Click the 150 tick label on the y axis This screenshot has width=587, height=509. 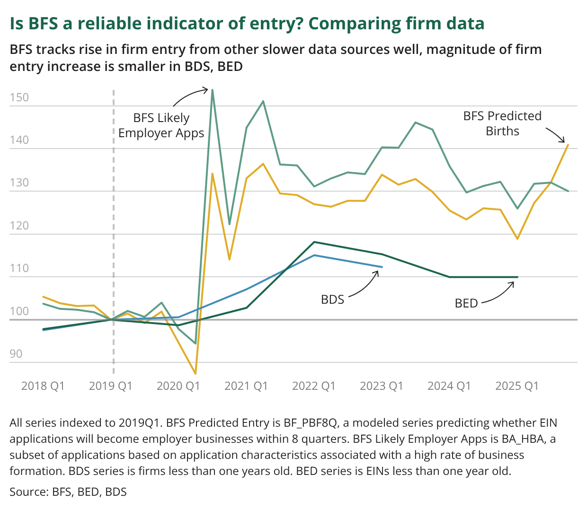[x=19, y=98]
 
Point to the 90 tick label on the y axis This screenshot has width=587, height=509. [x=16, y=354]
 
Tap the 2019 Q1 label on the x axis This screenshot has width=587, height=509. [x=110, y=386]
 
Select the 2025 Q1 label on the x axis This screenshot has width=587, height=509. [x=517, y=386]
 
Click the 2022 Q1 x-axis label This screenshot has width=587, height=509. [x=313, y=386]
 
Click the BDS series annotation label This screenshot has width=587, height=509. [x=332, y=299]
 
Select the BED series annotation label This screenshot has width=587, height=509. [x=466, y=303]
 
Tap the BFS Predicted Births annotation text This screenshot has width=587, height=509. [x=502, y=123]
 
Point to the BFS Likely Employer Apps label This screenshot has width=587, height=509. [x=161, y=125]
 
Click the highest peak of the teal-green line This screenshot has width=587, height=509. [x=213, y=90]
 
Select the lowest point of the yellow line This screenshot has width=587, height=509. [x=196, y=374]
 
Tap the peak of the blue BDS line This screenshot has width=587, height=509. [x=314, y=255]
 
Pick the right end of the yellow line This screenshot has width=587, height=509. [x=568, y=145]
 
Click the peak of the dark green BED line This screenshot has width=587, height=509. [x=314, y=242]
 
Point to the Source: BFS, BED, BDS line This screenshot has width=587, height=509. [x=68, y=492]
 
